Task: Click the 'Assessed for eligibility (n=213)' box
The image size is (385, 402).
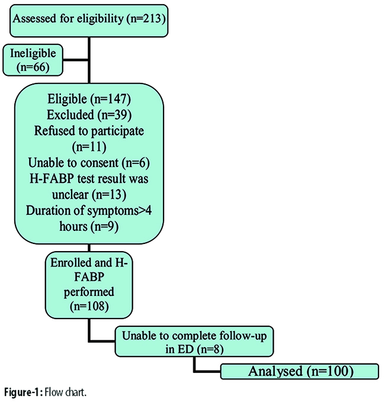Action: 89,21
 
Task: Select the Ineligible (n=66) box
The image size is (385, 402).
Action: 33,60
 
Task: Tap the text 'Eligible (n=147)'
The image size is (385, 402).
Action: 89,99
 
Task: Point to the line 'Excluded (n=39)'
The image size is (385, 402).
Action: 89,115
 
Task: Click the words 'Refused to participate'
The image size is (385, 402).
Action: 89,130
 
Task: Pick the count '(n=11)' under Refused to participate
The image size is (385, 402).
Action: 89,147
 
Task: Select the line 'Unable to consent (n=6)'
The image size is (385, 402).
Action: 89,163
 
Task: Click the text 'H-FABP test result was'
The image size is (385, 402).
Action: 89,178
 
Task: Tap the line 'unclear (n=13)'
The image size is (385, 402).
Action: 89,194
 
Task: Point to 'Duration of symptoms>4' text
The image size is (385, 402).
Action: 89,210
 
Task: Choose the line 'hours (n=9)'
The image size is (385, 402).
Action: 89,226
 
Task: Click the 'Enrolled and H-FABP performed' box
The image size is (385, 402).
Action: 89,285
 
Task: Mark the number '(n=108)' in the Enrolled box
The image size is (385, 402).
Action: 89,306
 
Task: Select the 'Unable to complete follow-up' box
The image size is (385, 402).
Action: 194,341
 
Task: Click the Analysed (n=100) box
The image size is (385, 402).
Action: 300,371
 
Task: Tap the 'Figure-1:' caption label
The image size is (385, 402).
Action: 23,393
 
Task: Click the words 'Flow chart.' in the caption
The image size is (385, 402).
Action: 65,393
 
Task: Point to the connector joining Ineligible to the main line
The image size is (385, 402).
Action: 76,60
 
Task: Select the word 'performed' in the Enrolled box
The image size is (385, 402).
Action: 89,292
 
